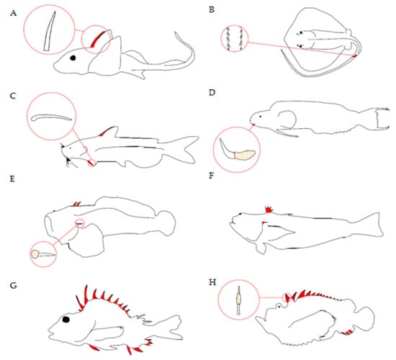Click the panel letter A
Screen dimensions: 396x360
pyautogui.click(x=13, y=13)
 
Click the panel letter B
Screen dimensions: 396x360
pyautogui.click(x=212, y=10)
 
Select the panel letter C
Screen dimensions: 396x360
pyautogui.click(x=13, y=96)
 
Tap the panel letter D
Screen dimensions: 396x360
pyautogui.click(x=212, y=93)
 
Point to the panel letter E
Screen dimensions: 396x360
pyautogui.click(x=12, y=179)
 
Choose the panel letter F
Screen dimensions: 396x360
pyautogui.click(x=212, y=176)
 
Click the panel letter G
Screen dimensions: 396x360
pyautogui.click(x=13, y=286)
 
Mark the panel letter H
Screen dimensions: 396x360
pyautogui.click(x=212, y=282)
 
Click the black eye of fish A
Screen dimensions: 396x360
pyautogui.click(x=73, y=58)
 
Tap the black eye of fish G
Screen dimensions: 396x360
pyautogui.click(x=66, y=320)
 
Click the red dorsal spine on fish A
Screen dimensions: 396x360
pyautogui.click(x=97, y=39)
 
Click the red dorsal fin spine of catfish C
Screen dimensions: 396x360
pyautogui.click(x=104, y=131)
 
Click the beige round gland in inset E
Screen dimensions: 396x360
pyautogui.click(x=35, y=254)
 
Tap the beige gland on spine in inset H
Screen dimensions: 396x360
pyautogui.click(x=238, y=300)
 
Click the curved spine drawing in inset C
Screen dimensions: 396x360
pyautogui.click(x=51, y=117)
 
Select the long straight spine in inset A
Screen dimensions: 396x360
pyautogui.click(x=50, y=31)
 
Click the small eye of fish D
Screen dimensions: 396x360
pyautogui.click(x=261, y=117)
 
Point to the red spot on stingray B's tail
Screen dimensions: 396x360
pyautogui.click(x=355, y=55)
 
